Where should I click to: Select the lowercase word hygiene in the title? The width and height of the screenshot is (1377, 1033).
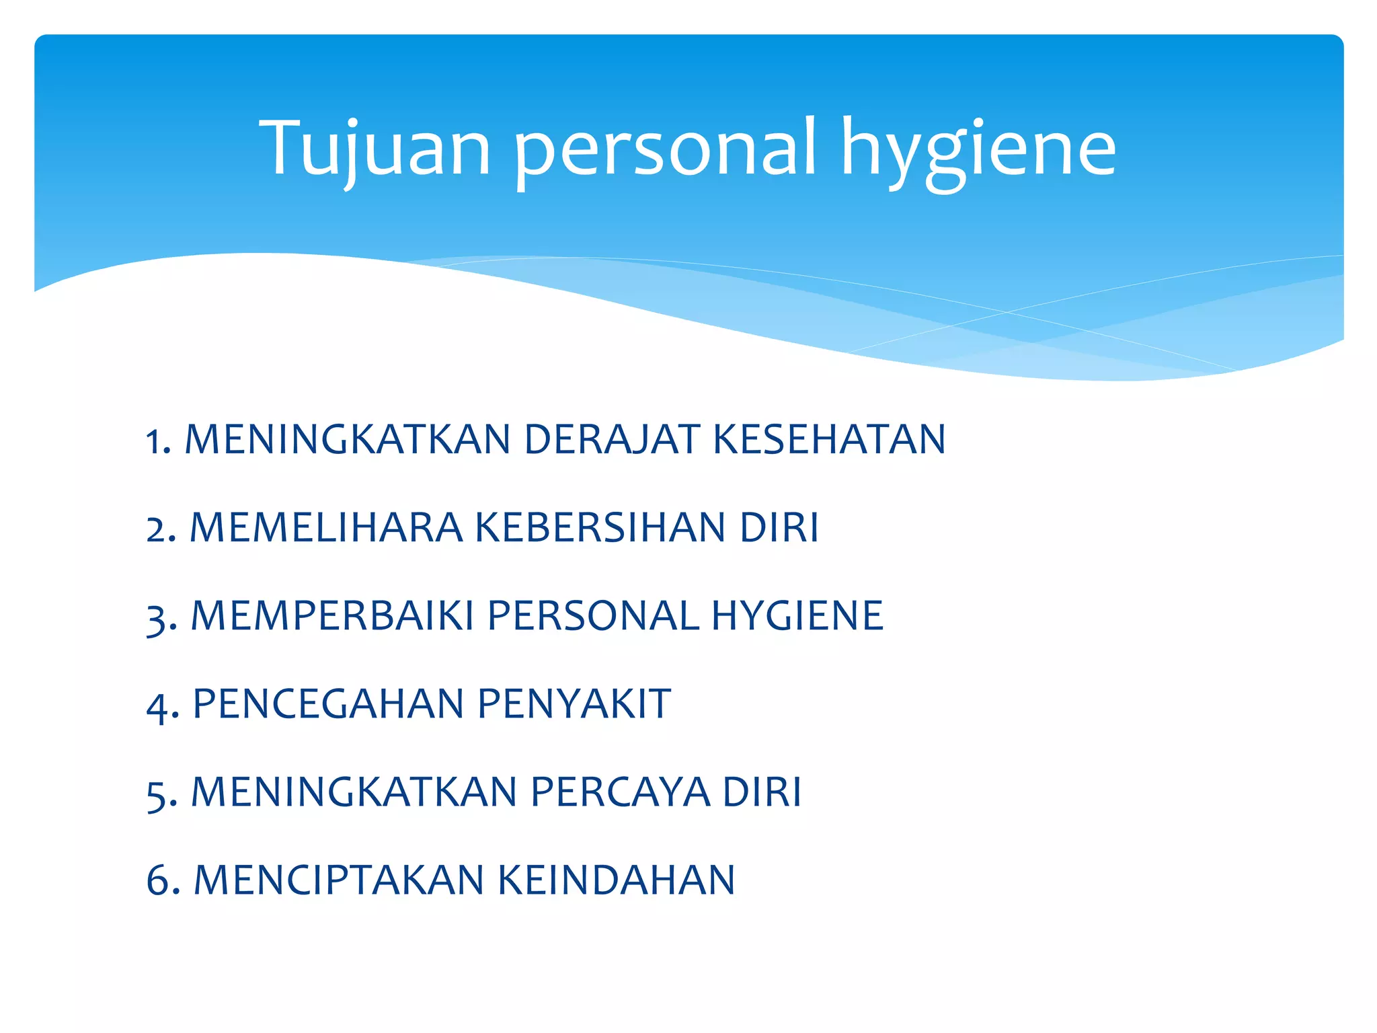pyautogui.click(x=978, y=151)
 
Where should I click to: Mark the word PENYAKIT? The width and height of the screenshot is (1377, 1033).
pyautogui.click(x=574, y=703)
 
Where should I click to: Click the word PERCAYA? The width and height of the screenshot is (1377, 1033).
pyautogui.click(x=620, y=792)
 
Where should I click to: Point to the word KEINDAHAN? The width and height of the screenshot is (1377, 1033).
pyautogui.click(x=617, y=880)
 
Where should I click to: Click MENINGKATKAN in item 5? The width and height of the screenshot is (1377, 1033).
pyautogui.click(x=354, y=792)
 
